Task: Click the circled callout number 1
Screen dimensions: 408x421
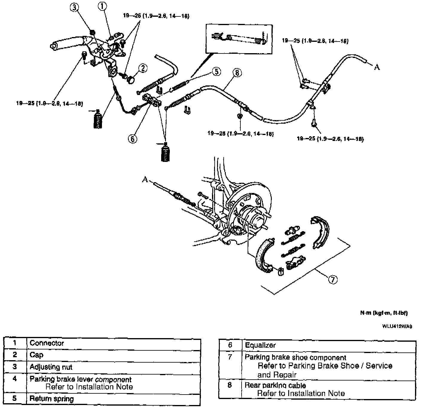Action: pyautogui.click(x=103, y=6)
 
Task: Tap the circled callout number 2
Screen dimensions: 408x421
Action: pyautogui.click(x=143, y=68)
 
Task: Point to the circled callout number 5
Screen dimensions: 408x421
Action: pyautogui.click(x=216, y=72)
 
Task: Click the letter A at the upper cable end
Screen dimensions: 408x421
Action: pyautogui.click(x=377, y=68)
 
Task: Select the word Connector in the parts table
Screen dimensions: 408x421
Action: pyautogui.click(x=47, y=343)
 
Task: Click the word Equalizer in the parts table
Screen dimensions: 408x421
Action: pyautogui.click(x=260, y=345)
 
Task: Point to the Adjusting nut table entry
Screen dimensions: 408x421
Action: pyautogui.click(x=51, y=367)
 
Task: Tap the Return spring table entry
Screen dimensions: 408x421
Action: pyautogui.click(x=51, y=399)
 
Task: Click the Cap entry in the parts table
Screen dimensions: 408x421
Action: pyautogui.click(x=36, y=355)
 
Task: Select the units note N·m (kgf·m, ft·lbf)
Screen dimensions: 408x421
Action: pyautogui.click(x=384, y=313)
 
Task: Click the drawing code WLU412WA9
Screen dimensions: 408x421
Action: pyautogui.click(x=397, y=326)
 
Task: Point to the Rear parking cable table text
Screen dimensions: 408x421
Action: pyautogui.click(x=275, y=385)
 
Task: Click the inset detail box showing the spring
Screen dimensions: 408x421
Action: pyautogui.click(x=239, y=39)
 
